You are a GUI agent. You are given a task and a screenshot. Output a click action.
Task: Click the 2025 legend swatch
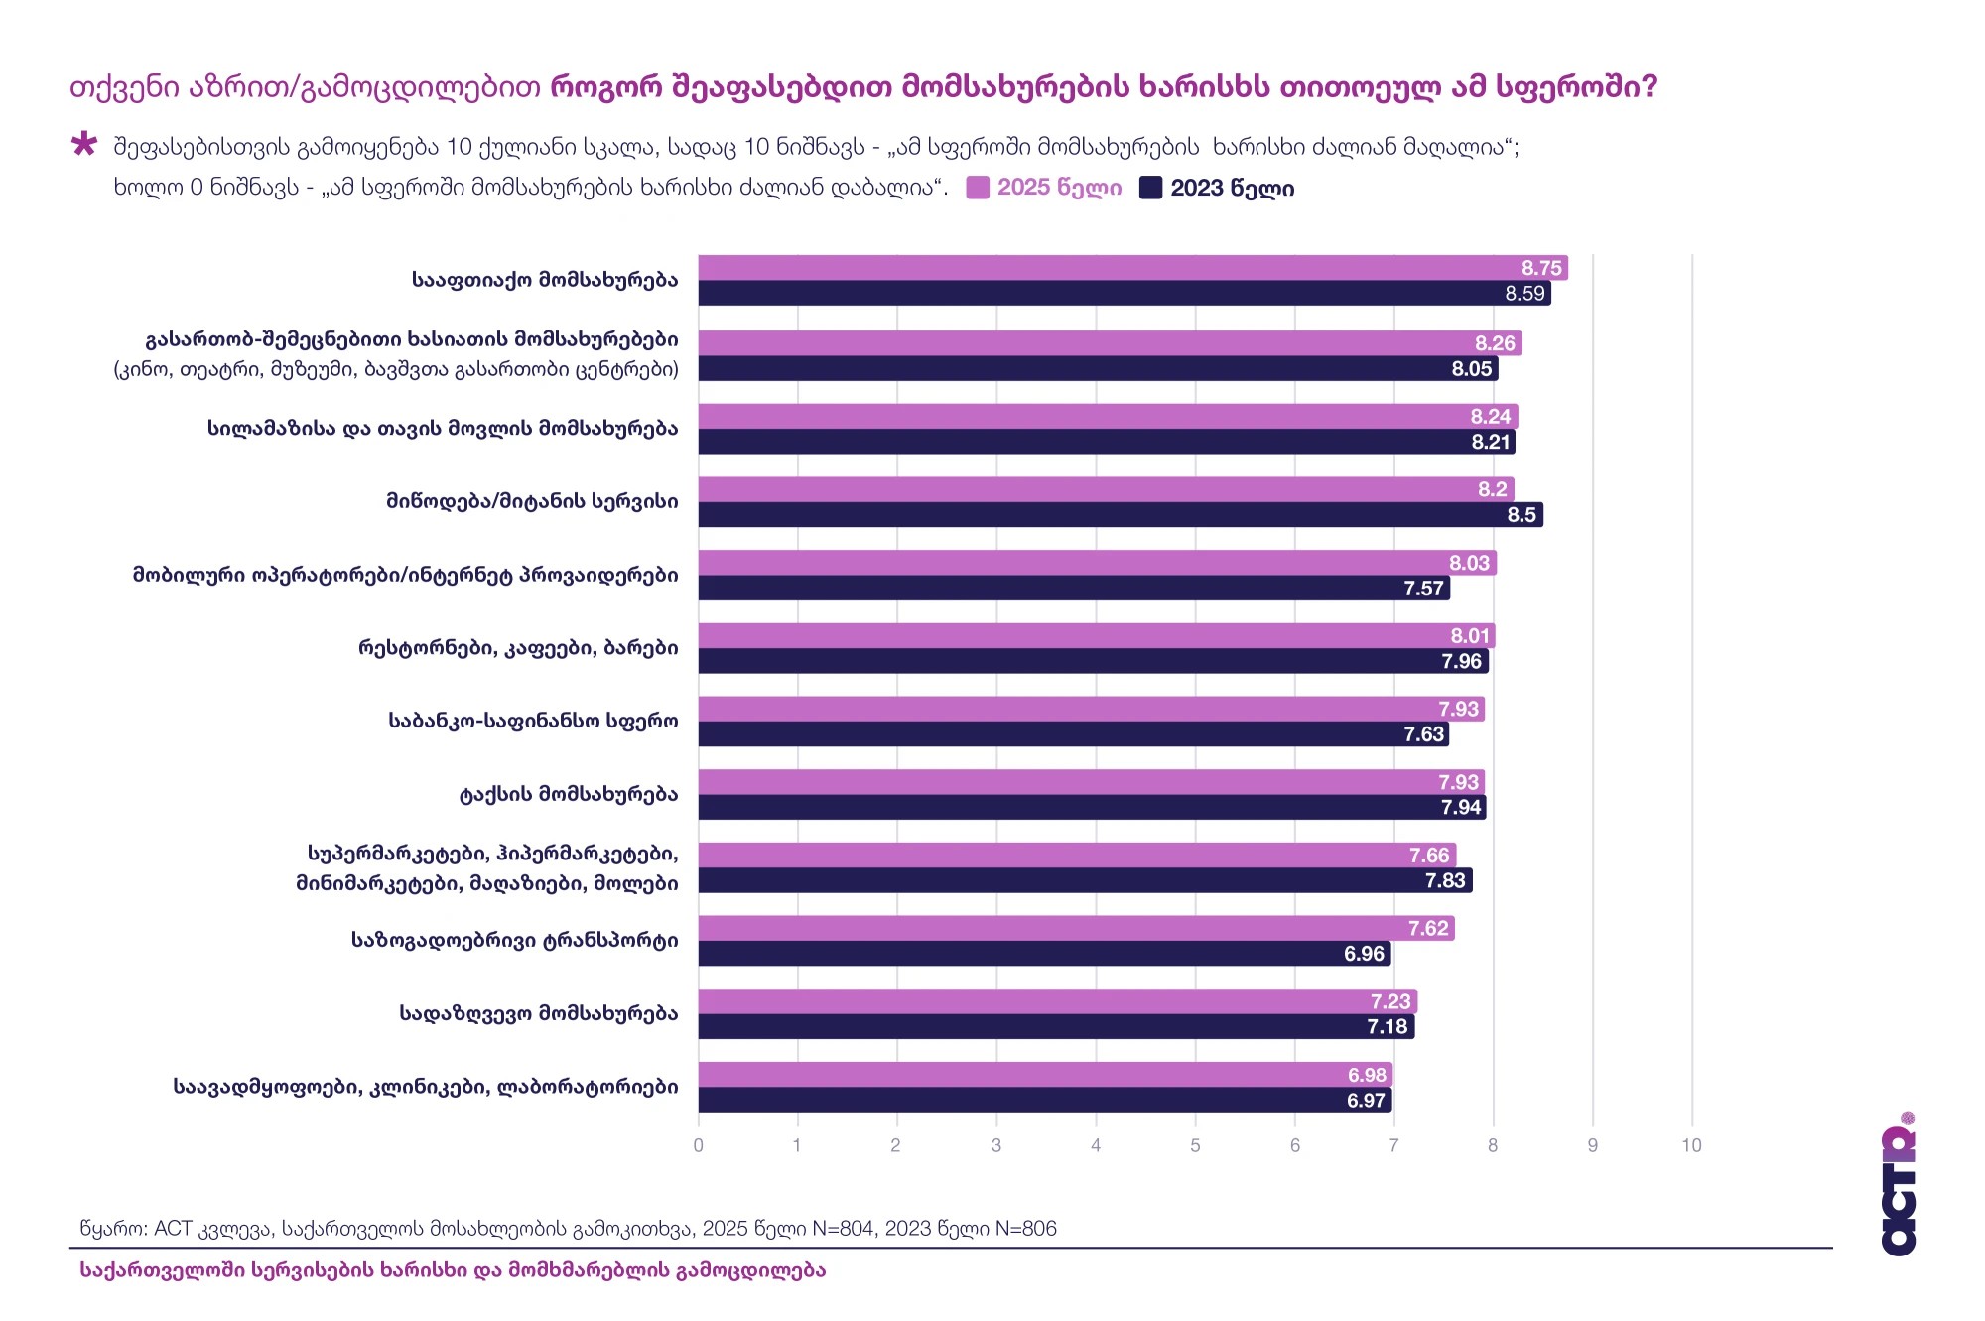(978, 188)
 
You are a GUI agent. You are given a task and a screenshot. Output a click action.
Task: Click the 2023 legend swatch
(1150, 188)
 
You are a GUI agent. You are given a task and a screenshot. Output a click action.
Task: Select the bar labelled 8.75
(1131, 268)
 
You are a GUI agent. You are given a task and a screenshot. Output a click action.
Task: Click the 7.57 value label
(1423, 589)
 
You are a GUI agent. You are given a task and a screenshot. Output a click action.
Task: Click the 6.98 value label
(1367, 1075)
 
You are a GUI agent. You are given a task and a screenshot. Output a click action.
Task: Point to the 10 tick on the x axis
(1691, 1145)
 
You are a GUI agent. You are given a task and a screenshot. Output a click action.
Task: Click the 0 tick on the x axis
(699, 1145)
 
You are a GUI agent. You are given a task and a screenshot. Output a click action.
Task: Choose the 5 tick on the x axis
(1195, 1145)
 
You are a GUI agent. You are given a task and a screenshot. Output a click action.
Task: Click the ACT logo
(1898, 1186)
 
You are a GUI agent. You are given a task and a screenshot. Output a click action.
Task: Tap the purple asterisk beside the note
(84, 145)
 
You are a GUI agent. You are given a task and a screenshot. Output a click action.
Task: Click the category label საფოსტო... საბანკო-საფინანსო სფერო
(533, 721)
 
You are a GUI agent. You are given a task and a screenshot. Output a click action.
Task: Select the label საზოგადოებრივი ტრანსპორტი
(514, 940)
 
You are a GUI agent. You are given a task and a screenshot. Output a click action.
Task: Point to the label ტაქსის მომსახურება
(568, 794)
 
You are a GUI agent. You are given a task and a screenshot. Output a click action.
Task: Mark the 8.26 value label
(1495, 343)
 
